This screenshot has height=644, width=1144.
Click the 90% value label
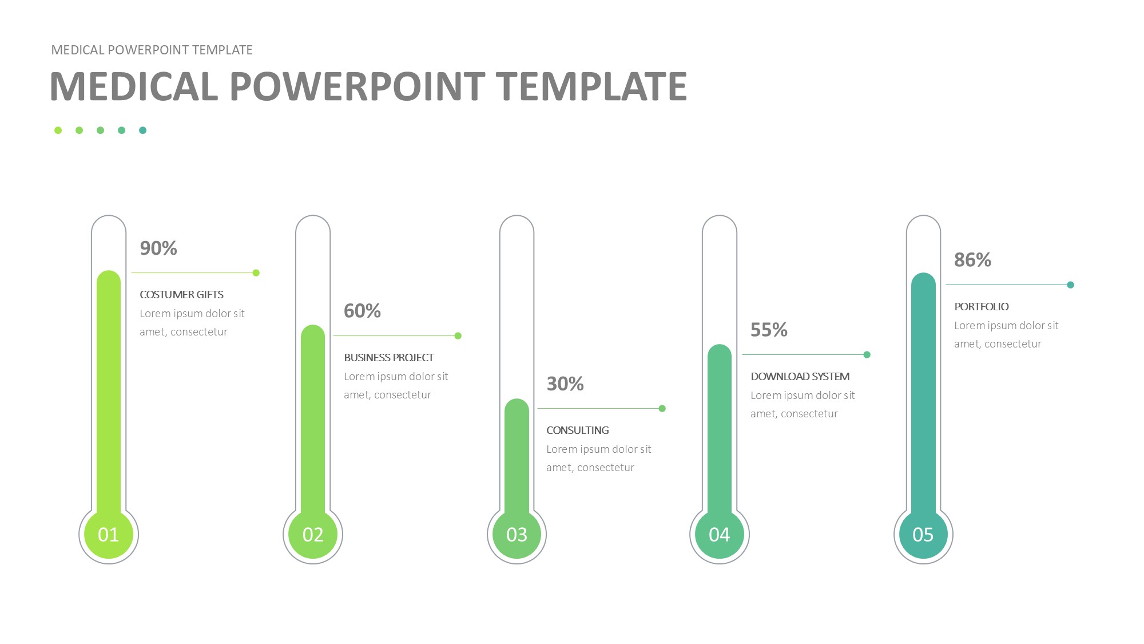[x=158, y=248]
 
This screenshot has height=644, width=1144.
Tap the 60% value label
[x=362, y=311]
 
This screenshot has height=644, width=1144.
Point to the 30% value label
[x=565, y=384]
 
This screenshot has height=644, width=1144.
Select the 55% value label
[x=769, y=330]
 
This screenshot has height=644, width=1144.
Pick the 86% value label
[x=972, y=260]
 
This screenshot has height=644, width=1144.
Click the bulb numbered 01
[x=109, y=534]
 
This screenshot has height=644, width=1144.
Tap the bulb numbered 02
[x=313, y=534]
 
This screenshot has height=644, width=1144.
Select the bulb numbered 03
[x=517, y=534]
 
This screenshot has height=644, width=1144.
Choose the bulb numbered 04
[x=720, y=534]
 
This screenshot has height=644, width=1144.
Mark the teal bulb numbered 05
[x=923, y=534]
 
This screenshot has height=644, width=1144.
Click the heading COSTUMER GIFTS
[x=181, y=295]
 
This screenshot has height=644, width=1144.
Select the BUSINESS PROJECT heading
[x=389, y=358]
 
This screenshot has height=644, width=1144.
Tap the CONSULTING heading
[x=578, y=430]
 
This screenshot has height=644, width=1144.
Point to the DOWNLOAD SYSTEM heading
[x=800, y=377]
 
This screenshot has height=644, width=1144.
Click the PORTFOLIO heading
[x=982, y=307]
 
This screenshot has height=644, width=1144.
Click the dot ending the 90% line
[x=256, y=273]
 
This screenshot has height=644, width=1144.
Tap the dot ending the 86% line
[x=1071, y=285]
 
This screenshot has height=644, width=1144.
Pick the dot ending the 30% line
[x=662, y=409]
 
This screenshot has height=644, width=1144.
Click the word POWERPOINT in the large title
[x=357, y=86]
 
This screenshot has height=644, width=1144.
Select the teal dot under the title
[x=143, y=131]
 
